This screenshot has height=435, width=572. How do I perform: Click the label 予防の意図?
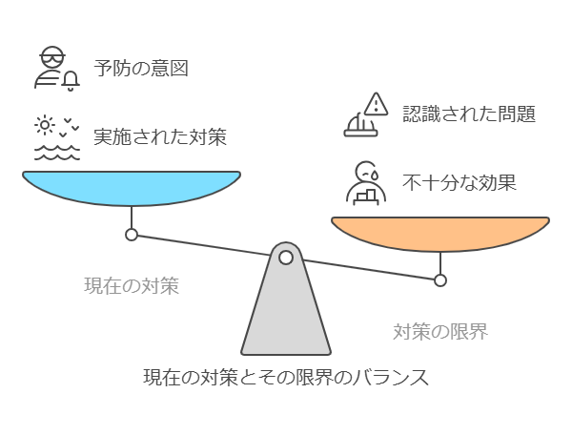pyautogui.click(x=141, y=69)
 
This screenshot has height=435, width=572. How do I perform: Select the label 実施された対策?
pyautogui.click(x=160, y=136)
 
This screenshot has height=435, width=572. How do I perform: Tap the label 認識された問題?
pyautogui.click(x=469, y=114)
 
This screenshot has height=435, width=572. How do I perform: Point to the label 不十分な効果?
pyautogui.click(x=460, y=182)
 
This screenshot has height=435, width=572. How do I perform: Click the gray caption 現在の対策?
pyautogui.click(x=132, y=285)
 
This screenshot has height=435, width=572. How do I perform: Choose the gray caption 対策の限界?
pyautogui.click(x=440, y=332)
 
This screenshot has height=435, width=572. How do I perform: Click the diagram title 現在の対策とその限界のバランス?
pyautogui.click(x=286, y=378)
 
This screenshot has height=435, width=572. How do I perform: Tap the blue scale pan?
pyautogui.click(x=132, y=188)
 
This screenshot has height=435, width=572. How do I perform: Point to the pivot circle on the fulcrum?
pyautogui.click(x=286, y=258)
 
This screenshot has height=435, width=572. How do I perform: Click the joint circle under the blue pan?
pyautogui.click(x=132, y=235)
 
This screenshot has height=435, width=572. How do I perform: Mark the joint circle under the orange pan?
pyautogui.click(x=440, y=280)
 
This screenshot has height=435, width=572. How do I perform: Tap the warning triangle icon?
pyautogui.click(x=376, y=104)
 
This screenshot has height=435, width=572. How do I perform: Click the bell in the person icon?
pyautogui.click(x=71, y=81)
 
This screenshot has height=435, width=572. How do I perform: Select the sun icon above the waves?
pyautogui.click(x=45, y=125)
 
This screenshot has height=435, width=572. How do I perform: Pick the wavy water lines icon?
pyautogui.click(x=57, y=153)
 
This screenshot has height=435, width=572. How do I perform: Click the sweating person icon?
pyautogui.click(x=366, y=183)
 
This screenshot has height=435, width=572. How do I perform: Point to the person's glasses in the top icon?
pyautogui.click(x=52, y=57)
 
